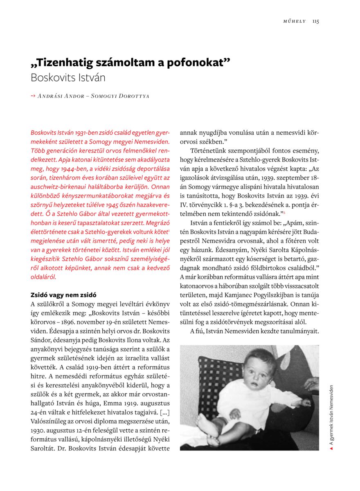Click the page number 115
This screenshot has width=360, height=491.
pyautogui.click(x=315, y=21)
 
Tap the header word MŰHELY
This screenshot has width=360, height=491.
pyautogui.click(x=295, y=21)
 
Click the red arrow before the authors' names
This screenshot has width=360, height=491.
pyautogui.click(x=33, y=96)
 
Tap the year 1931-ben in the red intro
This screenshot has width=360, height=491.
pyautogui.click(x=88, y=133)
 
